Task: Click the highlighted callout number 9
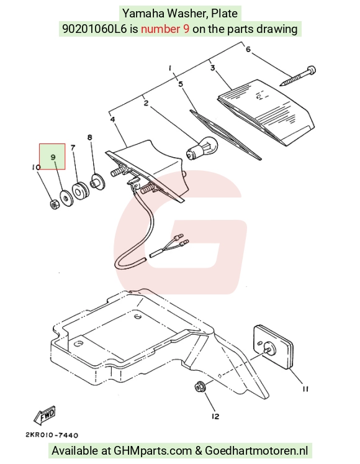(53, 157)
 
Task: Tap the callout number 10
(36, 168)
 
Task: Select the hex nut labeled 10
(54, 204)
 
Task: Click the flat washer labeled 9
(66, 198)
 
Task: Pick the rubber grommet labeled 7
(80, 191)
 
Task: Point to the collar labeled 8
(97, 183)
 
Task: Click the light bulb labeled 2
(202, 147)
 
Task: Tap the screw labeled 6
(298, 76)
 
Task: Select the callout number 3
(213, 68)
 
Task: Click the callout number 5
(181, 84)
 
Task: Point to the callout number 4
(113, 119)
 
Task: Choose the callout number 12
(215, 416)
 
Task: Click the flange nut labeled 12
(199, 388)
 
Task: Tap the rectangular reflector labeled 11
(273, 348)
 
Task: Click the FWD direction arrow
(44, 414)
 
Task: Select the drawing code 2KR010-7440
(52, 435)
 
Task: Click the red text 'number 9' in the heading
(165, 29)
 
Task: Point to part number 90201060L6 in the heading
(94, 29)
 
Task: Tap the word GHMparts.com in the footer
(153, 451)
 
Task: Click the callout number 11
(305, 389)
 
